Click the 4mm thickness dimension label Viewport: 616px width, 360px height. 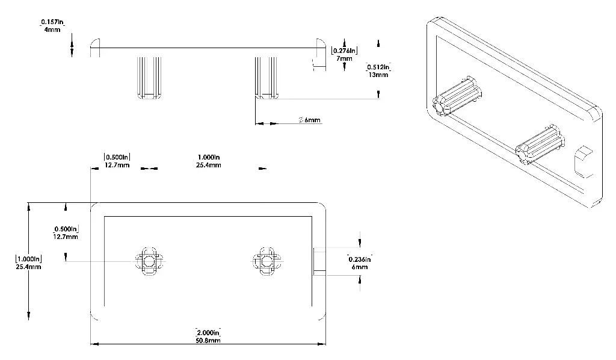[x=52, y=29]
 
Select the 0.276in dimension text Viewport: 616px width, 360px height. [x=345, y=51]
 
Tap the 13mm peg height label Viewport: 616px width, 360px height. [x=379, y=75]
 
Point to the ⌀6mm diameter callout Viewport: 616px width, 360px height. [x=310, y=120]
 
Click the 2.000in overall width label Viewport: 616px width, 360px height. [x=208, y=333]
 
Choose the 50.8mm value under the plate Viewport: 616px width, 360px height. [x=208, y=341]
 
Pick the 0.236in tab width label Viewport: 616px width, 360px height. [x=360, y=259]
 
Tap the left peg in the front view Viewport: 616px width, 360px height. [x=149, y=261]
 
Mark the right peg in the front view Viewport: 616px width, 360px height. [x=266, y=261]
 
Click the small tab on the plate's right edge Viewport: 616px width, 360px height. [x=319, y=261]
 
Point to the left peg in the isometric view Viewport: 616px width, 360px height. [x=457, y=96]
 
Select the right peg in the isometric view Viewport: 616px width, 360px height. [x=540, y=145]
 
